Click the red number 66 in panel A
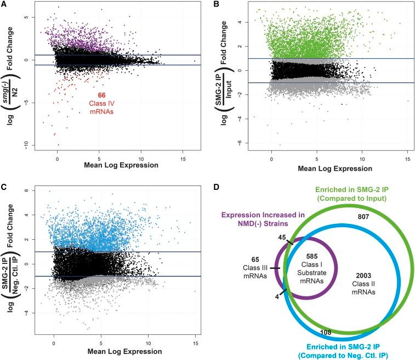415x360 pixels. click(101, 95)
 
